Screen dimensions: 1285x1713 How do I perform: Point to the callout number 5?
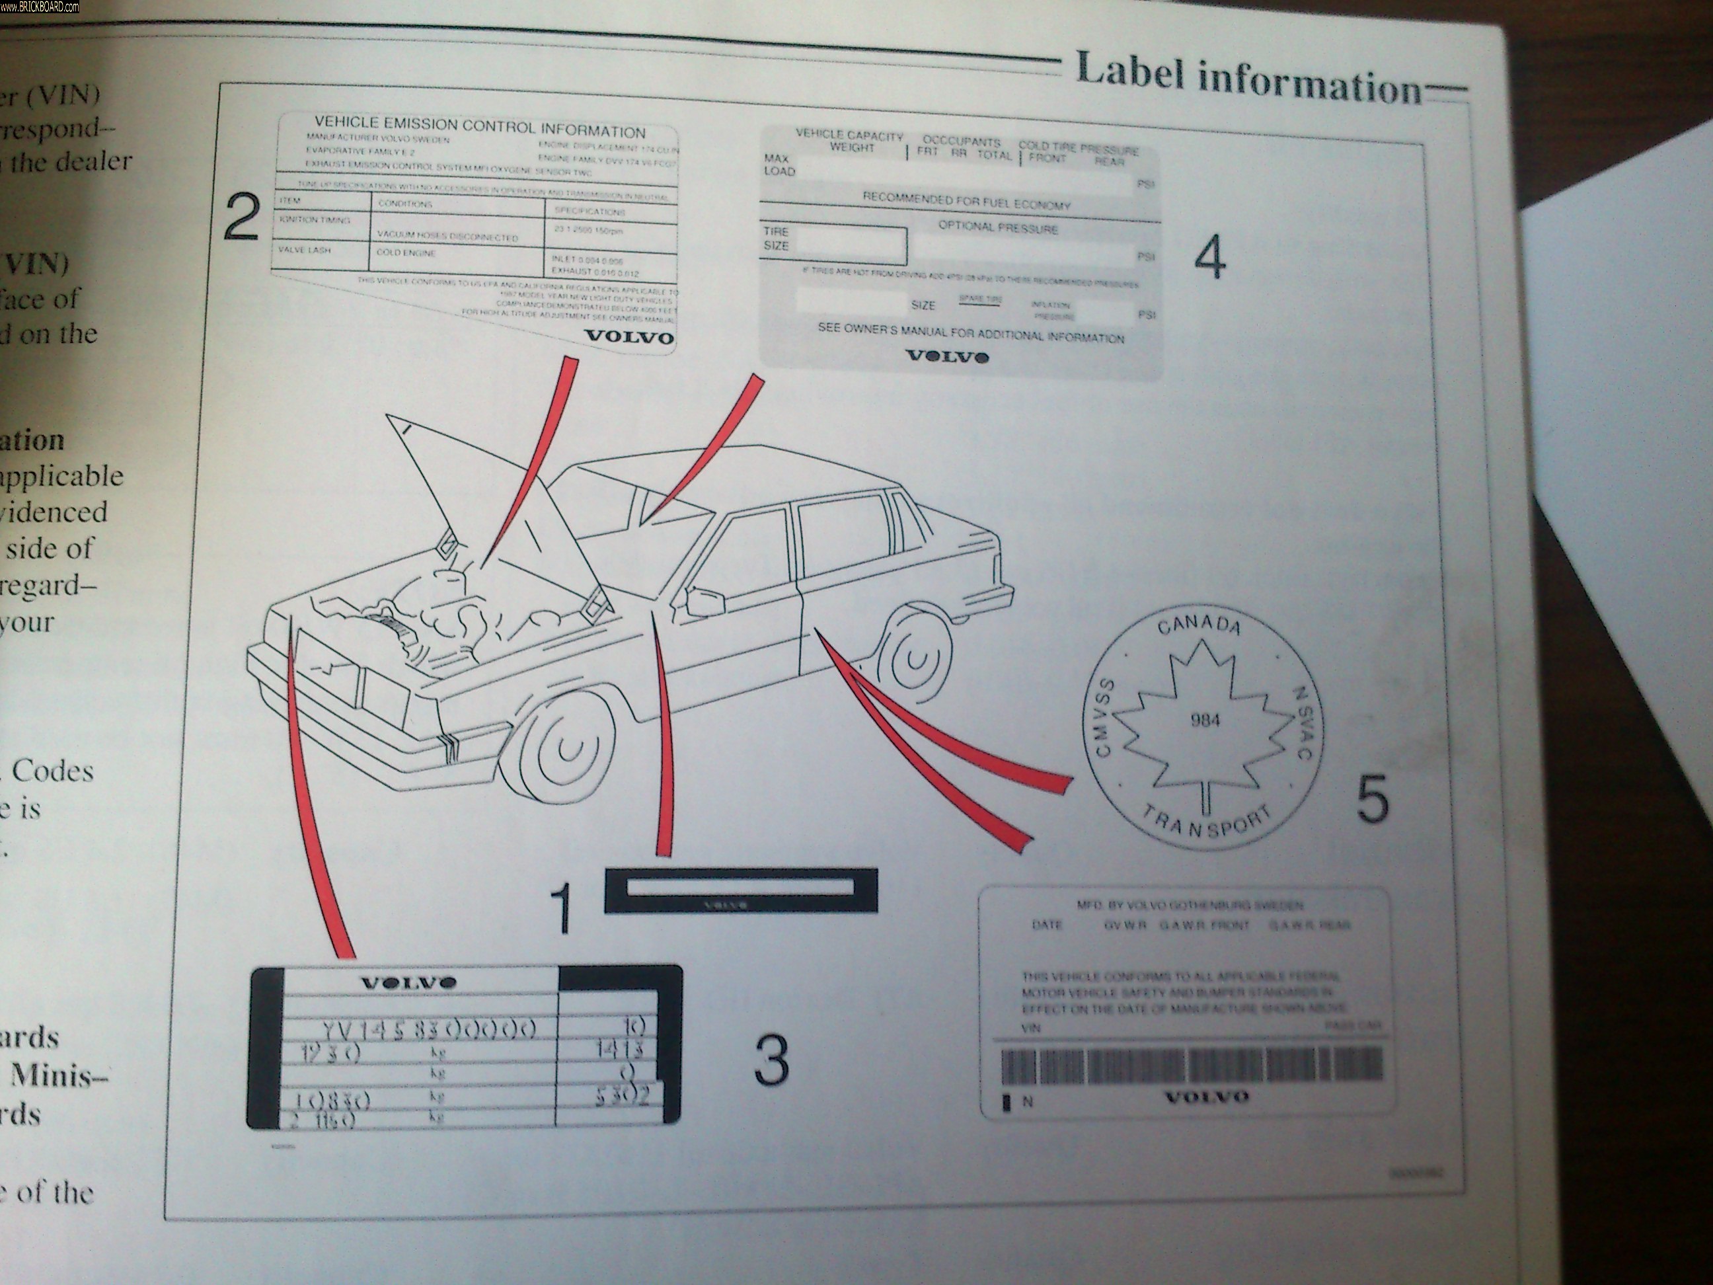click(x=1372, y=798)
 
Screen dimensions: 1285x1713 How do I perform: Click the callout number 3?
click(x=771, y=1060)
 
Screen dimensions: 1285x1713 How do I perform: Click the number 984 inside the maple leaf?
click(x=1205, y=721)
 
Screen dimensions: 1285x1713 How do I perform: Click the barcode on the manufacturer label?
click(x=1191, y=1067)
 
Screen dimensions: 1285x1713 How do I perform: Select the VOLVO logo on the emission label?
click(x=628, y=337)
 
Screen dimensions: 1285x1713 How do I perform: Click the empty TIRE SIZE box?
click(x=848, y=245)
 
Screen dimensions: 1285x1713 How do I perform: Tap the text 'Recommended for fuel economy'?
click(x=966, y=202)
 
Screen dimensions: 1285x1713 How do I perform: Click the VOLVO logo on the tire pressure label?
click(x=946, y=357)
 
